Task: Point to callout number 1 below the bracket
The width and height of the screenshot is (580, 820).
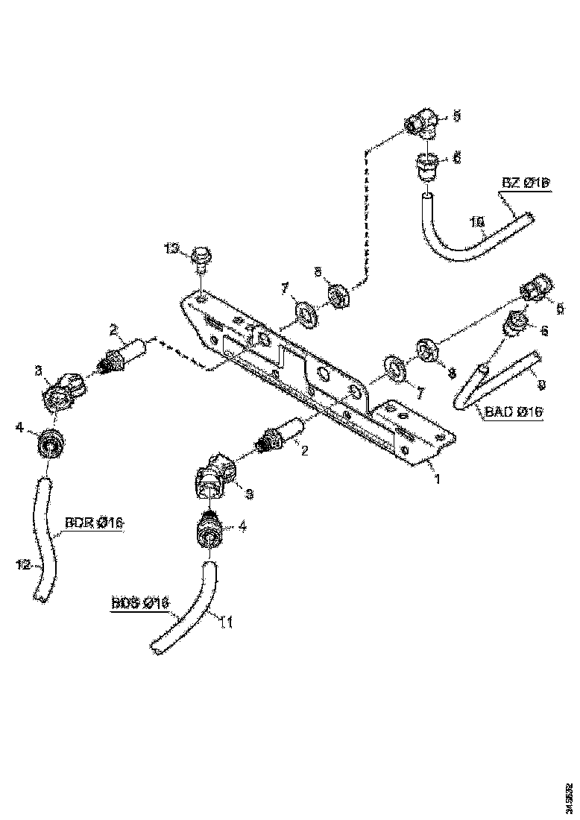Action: point(437,479)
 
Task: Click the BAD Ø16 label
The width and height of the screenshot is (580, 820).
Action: point(514,411)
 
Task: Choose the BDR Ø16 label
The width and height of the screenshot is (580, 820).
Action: point(93,523)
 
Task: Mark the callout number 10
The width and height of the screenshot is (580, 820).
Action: point(477,221)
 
